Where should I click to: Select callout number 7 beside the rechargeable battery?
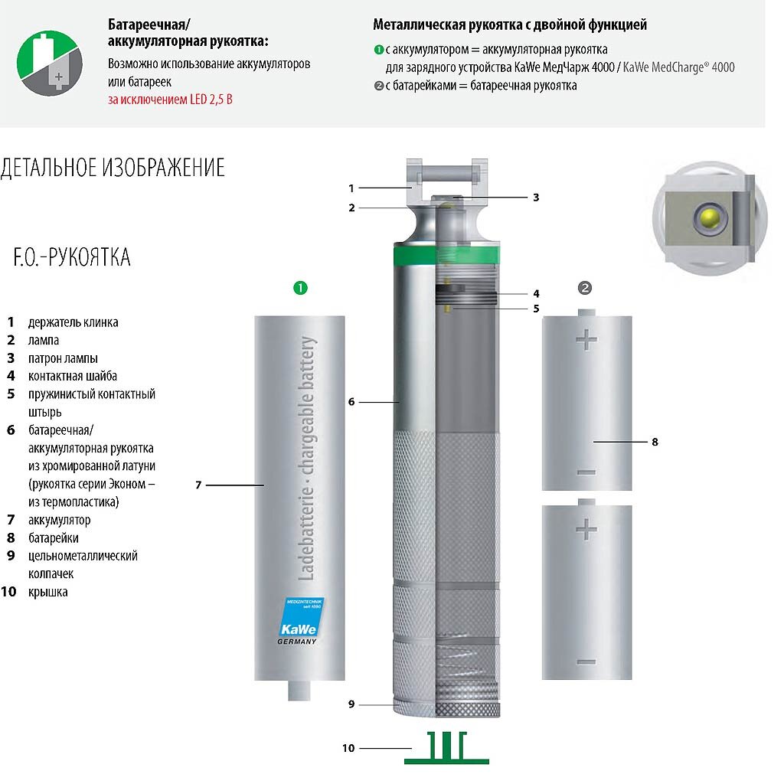[198, 485]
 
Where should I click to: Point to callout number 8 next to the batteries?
[655, 442]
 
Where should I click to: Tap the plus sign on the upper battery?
[586, 339]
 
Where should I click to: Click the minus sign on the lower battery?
[586, 661]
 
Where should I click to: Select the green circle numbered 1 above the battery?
[301, 288]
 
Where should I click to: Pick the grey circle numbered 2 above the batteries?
[585, 288]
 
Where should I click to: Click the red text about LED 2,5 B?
[170, 99]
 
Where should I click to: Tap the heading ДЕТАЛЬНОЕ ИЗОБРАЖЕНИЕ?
[113, 168]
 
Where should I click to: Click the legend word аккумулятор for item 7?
[59, 521]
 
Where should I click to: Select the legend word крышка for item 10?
[47, 592]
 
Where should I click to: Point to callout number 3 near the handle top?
[536, 197]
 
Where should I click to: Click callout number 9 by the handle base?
[351, 704]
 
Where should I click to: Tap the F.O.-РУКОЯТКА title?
[72, 257]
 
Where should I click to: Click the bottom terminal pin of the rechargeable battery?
[299, 690]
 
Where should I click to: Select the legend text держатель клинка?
[73, 322]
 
